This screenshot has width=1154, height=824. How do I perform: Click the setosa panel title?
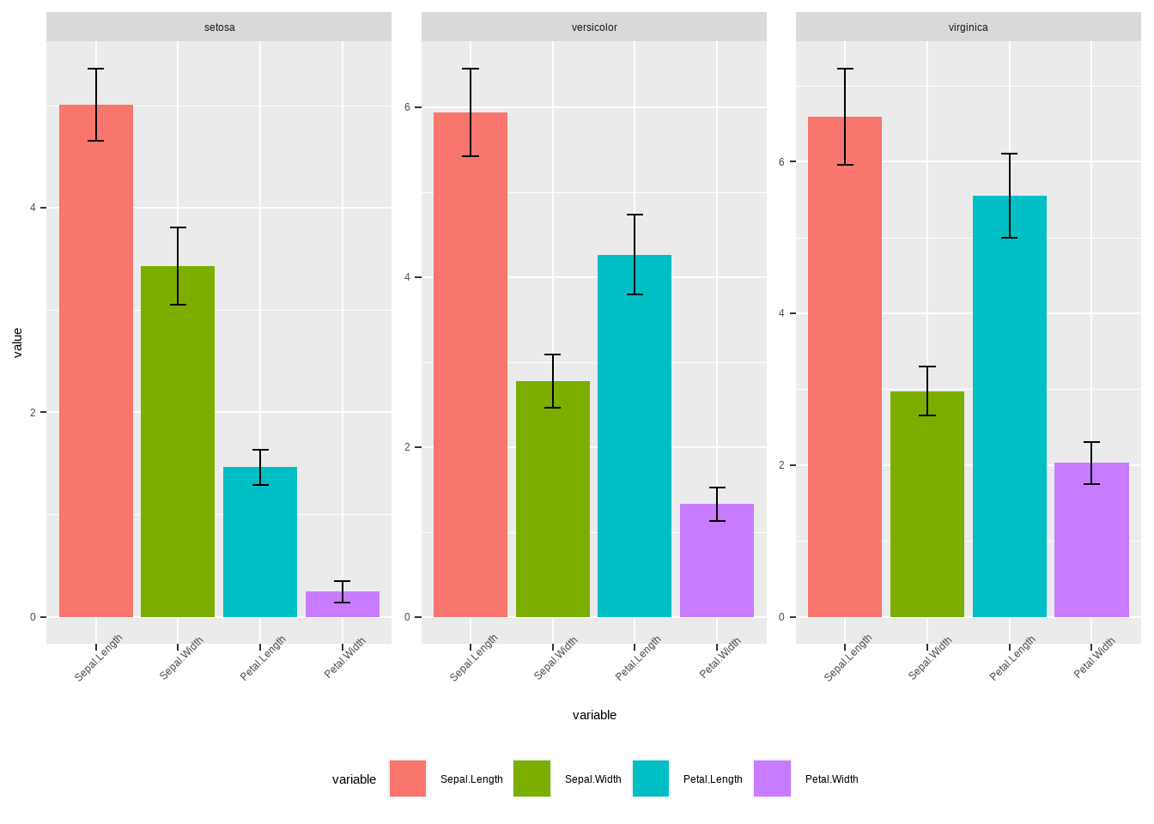point(219,27)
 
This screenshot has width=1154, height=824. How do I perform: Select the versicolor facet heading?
point(594,27)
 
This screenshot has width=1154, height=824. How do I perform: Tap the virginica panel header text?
point(968,27)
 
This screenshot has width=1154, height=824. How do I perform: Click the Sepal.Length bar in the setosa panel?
point(96,360)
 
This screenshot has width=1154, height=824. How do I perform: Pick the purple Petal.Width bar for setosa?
point(343,604)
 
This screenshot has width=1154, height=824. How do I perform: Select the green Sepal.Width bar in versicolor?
point(553,499)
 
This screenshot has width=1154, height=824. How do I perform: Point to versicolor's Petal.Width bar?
point(717,560)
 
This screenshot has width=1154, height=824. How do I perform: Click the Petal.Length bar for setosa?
point(260,542)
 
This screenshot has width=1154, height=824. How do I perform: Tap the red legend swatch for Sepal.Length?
point(408,779)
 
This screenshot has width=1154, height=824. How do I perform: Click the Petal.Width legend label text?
point(831,779)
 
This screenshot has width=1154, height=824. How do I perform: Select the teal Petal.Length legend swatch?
point(651,779)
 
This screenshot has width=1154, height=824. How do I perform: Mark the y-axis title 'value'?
point(17,342)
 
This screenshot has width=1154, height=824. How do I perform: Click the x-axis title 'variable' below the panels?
point(594,715)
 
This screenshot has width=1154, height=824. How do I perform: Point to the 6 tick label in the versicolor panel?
point(408,107)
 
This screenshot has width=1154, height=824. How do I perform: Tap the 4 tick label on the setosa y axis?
point(33,208)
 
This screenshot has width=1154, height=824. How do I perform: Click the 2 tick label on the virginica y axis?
point(782,465)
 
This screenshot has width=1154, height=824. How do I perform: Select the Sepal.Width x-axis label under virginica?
point(930,658)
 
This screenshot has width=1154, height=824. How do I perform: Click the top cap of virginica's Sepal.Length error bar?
point(845,69)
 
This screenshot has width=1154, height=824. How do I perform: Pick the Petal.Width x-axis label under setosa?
point(345,658)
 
